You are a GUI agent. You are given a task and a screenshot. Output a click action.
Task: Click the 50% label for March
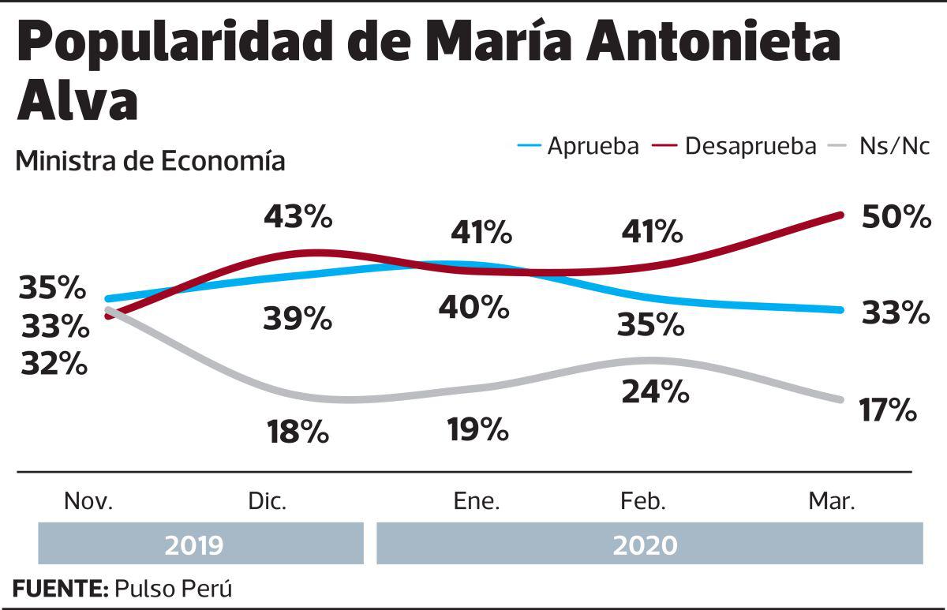[896, 217]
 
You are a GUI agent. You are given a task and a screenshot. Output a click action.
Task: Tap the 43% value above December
[298, 216]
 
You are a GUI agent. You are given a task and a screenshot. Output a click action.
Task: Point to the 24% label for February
[655, 391]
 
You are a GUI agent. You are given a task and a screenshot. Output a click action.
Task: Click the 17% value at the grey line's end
[888, 410]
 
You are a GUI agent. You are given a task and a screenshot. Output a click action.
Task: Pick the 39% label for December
[298, 319]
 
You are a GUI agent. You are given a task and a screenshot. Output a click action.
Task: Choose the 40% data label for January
[474, 307]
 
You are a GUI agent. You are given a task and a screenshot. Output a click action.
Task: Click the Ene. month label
[477, 502]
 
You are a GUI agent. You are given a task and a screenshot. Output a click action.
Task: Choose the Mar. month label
[832, 502]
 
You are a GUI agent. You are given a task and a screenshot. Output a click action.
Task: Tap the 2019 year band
[194, 545]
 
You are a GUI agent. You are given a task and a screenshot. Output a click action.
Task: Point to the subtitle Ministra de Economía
[150, 161]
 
